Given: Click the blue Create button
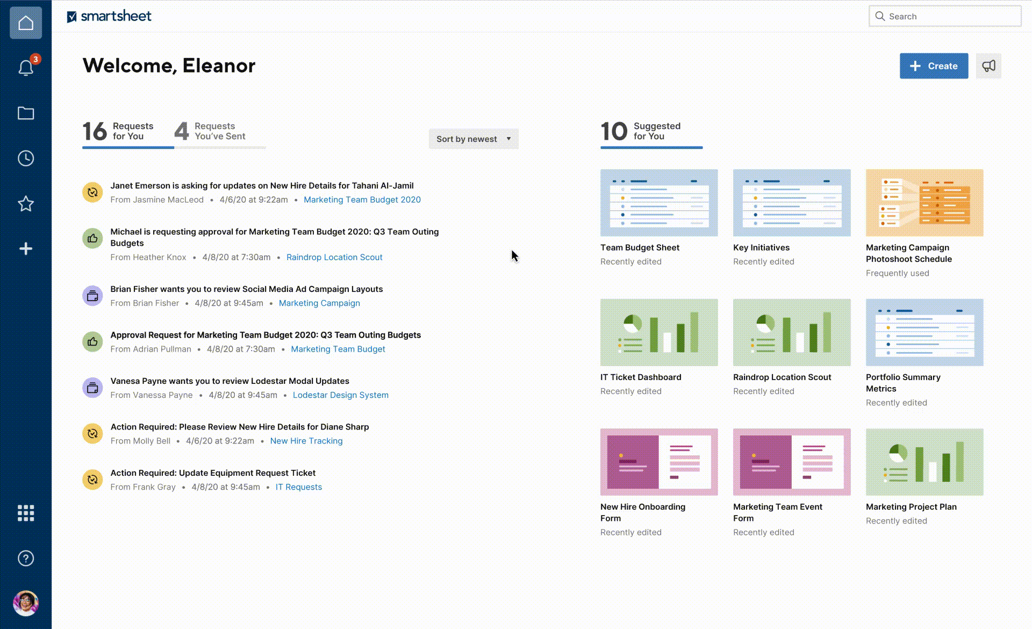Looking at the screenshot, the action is click(x=934, y=66).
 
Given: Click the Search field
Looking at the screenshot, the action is click(x=945, y=16).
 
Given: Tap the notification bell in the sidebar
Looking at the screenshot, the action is click(x=26, y=68).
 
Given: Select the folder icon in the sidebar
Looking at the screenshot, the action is click(x=26, y=113).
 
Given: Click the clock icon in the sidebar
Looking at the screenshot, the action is click(x=26, y=158).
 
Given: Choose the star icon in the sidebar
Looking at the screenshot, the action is click(x=26, y=204).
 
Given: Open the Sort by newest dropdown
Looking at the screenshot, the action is click(x=474, y=139).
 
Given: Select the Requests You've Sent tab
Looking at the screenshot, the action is click(x=210, y=131).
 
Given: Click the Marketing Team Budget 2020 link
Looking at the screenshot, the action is click(x=362, y=199).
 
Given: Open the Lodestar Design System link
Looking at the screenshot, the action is click(x=341, y=395).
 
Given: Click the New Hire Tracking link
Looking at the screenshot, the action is click(x=306, y=441).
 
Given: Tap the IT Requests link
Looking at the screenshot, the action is click(x=299, y=487).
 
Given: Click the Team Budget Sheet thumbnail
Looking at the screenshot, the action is click(x=659, y=203).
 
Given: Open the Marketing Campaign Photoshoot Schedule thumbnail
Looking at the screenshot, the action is click(x=924, y=203).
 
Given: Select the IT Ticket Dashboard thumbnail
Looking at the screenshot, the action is click(x=659, y=332).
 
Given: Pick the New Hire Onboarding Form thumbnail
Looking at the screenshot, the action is click(x=659, y=462).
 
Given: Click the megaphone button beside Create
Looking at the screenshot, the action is click(x=988, y=66).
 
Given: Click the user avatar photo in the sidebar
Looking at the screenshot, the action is click(x=26, y=603).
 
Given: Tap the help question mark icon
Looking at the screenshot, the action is click(x=26, y=559).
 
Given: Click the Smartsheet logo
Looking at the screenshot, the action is click(x=109, y=16).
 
